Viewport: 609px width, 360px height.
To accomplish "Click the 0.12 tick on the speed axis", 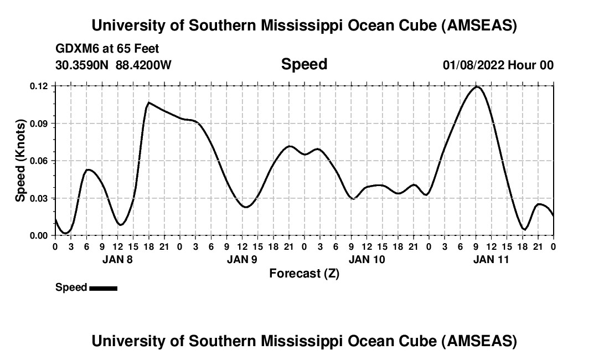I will point(39,86).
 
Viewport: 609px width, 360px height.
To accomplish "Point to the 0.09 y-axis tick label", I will point(39,124).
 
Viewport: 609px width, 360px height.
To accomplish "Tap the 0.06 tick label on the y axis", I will point(39,161).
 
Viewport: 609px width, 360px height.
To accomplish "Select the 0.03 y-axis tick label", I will point(39,198).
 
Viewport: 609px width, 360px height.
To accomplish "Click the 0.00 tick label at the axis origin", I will point(39,235).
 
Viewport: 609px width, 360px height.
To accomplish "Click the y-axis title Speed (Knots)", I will point(20,161).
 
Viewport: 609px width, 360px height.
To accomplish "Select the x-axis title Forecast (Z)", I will point(304,273).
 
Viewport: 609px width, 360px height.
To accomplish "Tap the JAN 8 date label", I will point(117,259).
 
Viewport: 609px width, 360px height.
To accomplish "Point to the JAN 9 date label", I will point(242,259).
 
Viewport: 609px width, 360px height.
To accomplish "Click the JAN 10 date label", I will point(367,259).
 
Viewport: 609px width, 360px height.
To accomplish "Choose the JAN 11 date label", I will point(491,259).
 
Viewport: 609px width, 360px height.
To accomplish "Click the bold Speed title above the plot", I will point(304,64).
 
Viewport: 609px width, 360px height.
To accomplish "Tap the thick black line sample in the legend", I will point(103,288).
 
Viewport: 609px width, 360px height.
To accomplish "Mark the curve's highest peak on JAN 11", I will point(476,86).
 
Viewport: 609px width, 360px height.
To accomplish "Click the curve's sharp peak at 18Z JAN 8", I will point(148,102).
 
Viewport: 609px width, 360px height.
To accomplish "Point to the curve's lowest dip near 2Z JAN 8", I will point(65,233).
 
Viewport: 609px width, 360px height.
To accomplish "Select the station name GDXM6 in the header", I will point(79,49).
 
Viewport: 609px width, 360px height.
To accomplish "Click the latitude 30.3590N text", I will point(83,65).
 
